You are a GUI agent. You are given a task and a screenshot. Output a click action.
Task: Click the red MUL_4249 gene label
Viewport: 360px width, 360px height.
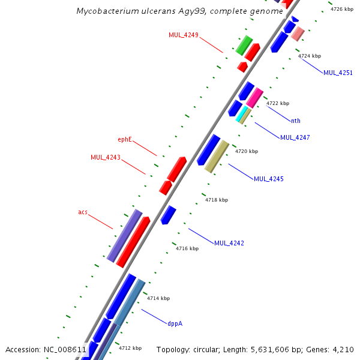point(183,35)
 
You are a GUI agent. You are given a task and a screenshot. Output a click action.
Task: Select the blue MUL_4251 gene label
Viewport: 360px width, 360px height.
point(338,73)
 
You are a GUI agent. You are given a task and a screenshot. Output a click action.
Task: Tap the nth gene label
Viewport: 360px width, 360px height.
point(296,121)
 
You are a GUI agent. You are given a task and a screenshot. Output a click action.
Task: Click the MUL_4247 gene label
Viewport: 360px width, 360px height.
point(295,137)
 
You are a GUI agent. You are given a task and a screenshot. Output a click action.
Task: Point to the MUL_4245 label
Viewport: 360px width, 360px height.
point(268,179)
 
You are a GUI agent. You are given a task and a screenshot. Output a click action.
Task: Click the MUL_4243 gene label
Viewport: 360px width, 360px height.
point(106,157)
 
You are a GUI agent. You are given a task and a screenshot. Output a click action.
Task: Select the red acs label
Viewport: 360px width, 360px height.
point(83,212)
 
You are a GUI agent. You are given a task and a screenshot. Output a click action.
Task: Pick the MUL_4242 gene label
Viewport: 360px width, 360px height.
point(229,243)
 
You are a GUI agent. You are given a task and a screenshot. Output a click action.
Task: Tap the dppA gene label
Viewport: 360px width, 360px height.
point(175,323)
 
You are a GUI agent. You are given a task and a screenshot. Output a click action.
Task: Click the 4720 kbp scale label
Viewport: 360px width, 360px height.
point(246,152)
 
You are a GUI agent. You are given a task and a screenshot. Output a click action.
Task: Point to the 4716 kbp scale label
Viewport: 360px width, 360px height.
point(187,248)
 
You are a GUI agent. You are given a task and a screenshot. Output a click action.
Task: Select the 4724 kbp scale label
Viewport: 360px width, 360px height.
point(310,56)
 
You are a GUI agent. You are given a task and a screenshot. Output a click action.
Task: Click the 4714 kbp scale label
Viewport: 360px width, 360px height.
point(158,298)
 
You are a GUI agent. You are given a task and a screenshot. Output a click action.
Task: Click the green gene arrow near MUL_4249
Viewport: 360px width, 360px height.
point(244,45)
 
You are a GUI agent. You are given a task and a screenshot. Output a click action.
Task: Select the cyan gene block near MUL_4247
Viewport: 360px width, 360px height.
point(242,114)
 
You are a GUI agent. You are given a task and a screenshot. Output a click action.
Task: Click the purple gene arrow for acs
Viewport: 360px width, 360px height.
point(124,235)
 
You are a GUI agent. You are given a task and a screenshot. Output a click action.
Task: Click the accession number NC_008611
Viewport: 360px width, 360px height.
point(65,349)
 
